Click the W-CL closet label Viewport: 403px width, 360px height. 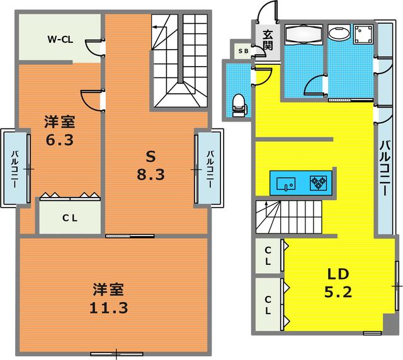pyautogui.click(x=60, y=39)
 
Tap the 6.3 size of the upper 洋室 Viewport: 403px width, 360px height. pyautogui.click(x=59, y=139)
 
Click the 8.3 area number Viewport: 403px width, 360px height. pyautogui.click(x=150, y=174)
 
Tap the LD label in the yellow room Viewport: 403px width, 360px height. pyautogui.click(x=338, y=274)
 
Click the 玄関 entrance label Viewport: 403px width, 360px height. pyautogui.click(x=267, y=40)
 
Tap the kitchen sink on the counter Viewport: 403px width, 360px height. pyautogui.click(x=287, y=183)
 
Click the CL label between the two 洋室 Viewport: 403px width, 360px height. pyautogui.click(x=69, y=218)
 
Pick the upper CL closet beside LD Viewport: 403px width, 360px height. pyautogui.click(x=268, y=256)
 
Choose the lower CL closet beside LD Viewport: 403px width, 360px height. pyautogui.click(x=268, y=304)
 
